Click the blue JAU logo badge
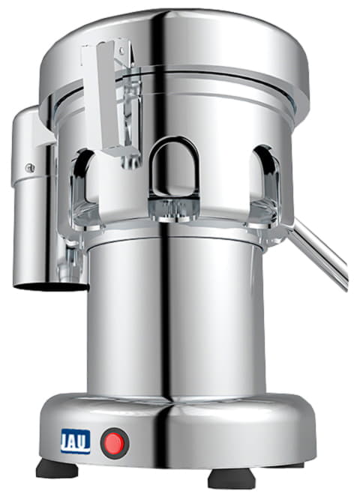point(76,442)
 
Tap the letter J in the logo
point(66,441)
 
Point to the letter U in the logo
point(85,441)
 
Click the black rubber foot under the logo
point(57,469)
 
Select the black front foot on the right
point(232,479)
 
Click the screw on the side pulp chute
point(30,168)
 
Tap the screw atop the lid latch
point(121,49)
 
